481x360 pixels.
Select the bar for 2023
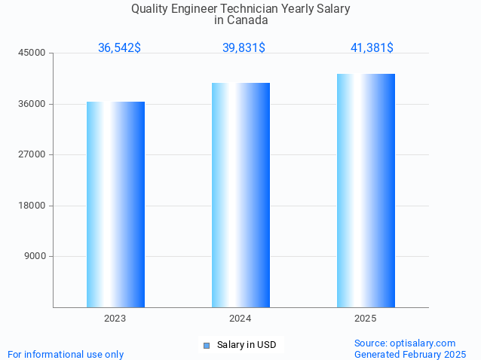(115, 204)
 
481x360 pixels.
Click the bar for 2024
(240, 195)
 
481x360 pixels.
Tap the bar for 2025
(366, 191)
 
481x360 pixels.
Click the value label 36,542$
(119, 48)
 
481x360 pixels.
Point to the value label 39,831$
(244, 48)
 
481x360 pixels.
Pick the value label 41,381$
(372, 48)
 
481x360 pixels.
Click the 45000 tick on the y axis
(33, 53)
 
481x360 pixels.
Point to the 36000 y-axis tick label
(33, 104)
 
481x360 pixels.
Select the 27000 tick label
(33, 154)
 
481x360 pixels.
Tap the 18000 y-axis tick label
(33, 206)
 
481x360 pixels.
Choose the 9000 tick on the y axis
(35, 256)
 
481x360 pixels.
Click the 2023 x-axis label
(115, 319)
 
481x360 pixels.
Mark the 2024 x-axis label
(240, 319)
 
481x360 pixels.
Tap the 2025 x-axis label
(366, 319)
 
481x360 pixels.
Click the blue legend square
(206, 346)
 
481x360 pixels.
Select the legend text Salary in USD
(247, 345)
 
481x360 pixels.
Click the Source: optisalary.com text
(405, 343)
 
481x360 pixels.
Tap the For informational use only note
(66, 354)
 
